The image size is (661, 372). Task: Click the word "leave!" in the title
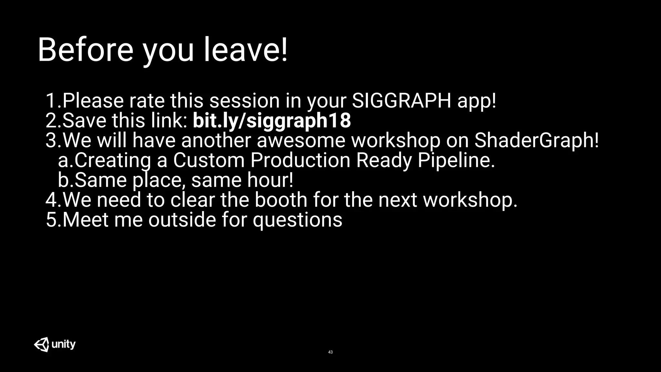(245, 50)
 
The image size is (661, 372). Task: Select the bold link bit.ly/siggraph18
(272, 120)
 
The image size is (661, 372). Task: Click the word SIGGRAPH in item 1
(402, 100)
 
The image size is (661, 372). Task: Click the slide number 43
(330, 352)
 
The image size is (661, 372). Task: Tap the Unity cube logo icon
(42, 344)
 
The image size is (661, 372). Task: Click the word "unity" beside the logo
(64, 345)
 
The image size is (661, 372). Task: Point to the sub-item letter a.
(64, 160)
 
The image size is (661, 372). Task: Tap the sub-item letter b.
(64, 180)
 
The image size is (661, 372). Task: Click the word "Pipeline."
(456, 160)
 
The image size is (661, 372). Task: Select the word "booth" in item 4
(281, 200)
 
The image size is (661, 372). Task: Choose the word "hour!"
(270, 180)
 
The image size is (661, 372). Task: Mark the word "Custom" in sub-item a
(209, 160)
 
